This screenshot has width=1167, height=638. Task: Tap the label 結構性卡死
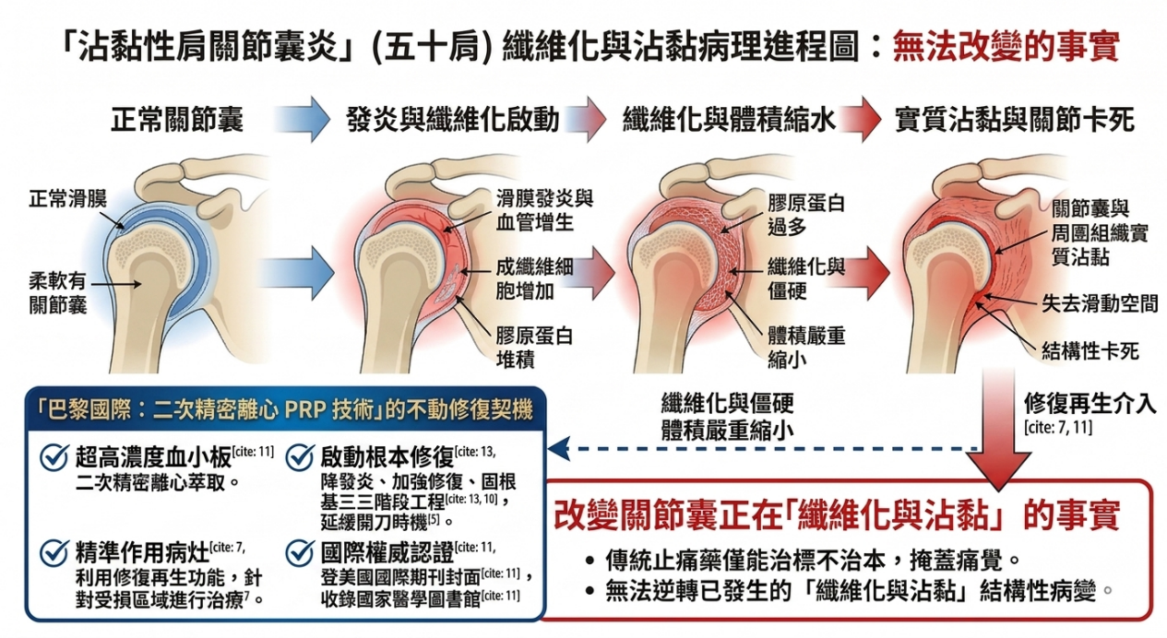click(1090, 350)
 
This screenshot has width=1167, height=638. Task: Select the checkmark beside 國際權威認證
click(301, 552)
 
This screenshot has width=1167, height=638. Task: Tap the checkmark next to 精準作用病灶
click(55, 552)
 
